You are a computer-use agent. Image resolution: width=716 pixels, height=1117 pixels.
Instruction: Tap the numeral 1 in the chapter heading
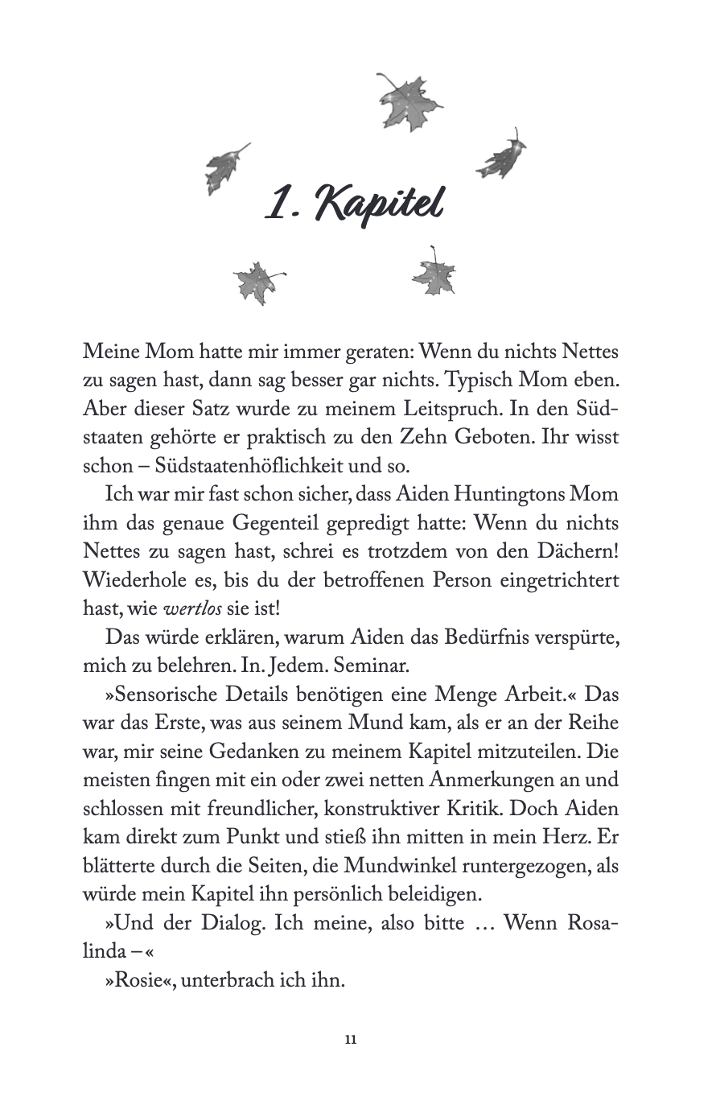tap(278, 204)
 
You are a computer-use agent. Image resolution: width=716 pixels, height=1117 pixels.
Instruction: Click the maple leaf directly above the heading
tap(409, 101)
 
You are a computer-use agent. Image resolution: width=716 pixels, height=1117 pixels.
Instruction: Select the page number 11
tap(351, 1039)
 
